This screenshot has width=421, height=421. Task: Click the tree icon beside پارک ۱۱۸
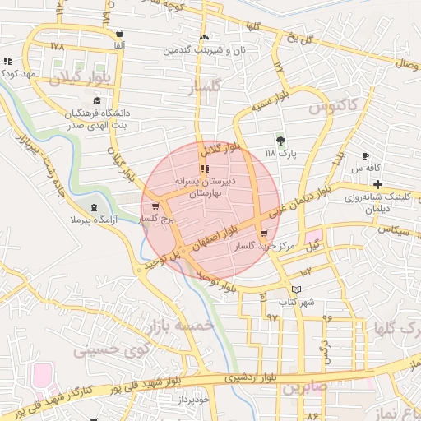(x=280, y=140)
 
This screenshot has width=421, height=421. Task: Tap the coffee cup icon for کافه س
(x=365, y=155)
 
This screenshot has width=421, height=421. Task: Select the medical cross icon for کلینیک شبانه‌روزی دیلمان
(x=377, y=183)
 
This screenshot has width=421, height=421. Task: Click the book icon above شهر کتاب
(x=297, y=289)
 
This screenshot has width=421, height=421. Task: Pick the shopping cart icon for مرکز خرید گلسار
(x=263, y=234)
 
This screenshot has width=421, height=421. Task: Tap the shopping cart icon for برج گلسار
(x=155, y=206)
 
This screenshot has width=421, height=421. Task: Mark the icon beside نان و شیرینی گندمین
(x=205, y=37)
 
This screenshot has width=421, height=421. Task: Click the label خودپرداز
(x=194, y=397)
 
